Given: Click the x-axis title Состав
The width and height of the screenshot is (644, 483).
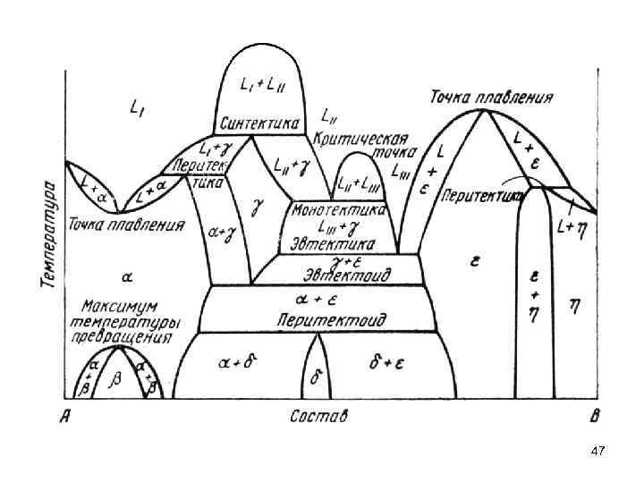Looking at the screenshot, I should tap(318, 416).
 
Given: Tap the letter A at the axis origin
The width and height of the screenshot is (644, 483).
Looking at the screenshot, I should tap(64, 416).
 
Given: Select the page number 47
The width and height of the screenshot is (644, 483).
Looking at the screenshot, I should tap(597, 453).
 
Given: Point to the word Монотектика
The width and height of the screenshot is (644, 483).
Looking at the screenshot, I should tap(340, 209).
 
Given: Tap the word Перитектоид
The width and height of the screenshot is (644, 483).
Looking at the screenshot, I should tap(332, 318).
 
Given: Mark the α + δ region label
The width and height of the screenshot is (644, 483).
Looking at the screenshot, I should tap(238, 362).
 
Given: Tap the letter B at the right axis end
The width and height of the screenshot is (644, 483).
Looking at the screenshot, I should tap(593, 416).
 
